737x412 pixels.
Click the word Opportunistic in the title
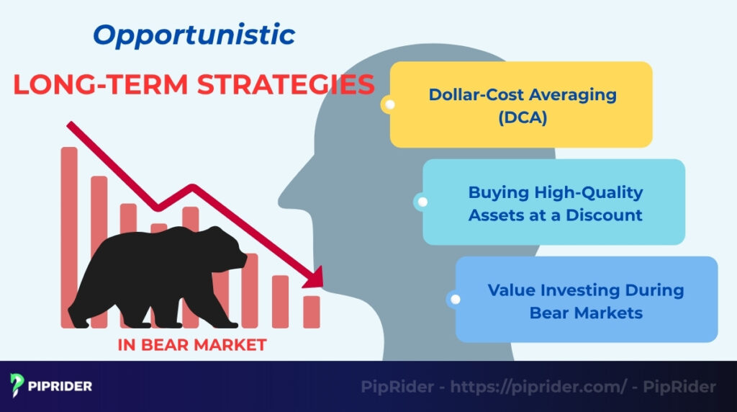pos(194,35)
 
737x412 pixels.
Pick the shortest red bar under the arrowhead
pos(312,311)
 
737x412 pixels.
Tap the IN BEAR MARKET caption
pos(191,345)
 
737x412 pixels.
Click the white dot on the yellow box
pos(390,105)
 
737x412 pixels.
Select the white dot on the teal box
pos(422,202)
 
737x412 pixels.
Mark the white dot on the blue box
pos(455,300)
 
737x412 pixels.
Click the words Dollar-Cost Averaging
pos(523,94)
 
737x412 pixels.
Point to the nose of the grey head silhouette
pos(284,189)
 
